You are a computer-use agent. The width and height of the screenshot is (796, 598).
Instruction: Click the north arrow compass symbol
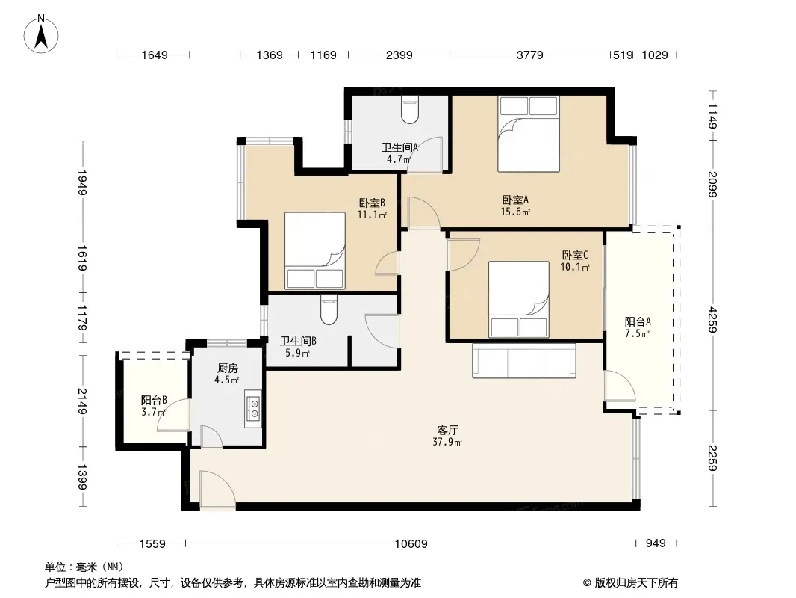[x=41, y=34]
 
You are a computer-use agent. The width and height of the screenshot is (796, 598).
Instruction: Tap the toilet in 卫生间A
[x=410, y=110]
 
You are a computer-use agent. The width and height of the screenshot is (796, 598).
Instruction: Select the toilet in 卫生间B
[x=329, y=310]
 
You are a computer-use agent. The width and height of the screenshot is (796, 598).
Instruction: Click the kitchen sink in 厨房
[x=253, y=408]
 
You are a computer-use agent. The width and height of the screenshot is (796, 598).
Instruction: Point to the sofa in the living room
[x=524, y=360]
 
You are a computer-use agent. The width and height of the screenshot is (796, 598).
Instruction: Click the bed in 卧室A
[x=529, y=134]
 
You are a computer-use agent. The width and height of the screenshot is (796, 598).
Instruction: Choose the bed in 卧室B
[x=315, y=250]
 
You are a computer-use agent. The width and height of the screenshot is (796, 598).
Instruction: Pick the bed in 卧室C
[x=519, y=299]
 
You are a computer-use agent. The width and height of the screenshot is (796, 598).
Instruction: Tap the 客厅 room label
[x=447, y=430]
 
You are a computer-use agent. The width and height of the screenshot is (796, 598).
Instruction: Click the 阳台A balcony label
[x=638, y=321]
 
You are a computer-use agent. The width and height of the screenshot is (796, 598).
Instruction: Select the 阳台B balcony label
[x=154, y=401]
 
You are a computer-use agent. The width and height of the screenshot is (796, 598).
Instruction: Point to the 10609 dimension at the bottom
[x=411, y=543]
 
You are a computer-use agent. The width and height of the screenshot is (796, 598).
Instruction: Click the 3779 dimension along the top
[x=530, y=55]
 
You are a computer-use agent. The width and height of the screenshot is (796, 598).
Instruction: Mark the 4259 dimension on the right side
[x=713, y=320]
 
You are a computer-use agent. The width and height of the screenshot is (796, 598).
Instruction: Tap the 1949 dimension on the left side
[x=82, y=182]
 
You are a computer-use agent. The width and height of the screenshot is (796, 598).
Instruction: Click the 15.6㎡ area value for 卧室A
[x=515, y=212]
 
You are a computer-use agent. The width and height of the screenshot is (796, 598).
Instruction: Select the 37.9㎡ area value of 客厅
[x=447, y=442]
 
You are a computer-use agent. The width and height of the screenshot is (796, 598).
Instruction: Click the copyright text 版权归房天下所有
[x=636, y=583]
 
